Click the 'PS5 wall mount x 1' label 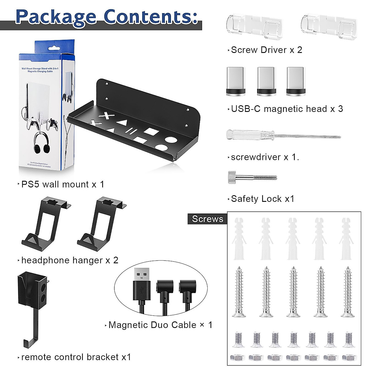[x=63, y=184]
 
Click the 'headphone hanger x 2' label [x=70, y=260]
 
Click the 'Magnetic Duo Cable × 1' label [x=160, y=325]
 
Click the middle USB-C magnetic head [x=264, y=81]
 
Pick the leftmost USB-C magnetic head [x=235, y=81]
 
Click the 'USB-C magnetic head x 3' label [x=287, y=109]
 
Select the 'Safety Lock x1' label [x=262, y=199]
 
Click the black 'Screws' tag [x=207, y=219]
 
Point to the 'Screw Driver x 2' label [x=266, y=50]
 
